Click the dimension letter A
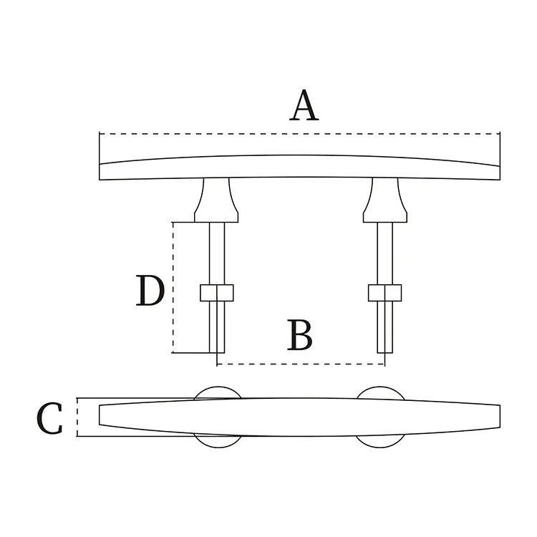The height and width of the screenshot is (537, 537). click(304, 106)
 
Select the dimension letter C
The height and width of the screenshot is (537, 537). click(50, 418)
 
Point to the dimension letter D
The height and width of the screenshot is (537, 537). click(150, 291)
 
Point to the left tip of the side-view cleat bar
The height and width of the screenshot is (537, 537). click(101, 170)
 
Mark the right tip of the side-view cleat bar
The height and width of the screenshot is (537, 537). click(497, 170)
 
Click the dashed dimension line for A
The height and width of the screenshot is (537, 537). click(299, 133)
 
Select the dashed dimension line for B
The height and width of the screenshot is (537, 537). click(301, 364)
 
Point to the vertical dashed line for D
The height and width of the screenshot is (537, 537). click(173, 286)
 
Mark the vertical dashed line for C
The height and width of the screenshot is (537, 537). click(77, 417)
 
